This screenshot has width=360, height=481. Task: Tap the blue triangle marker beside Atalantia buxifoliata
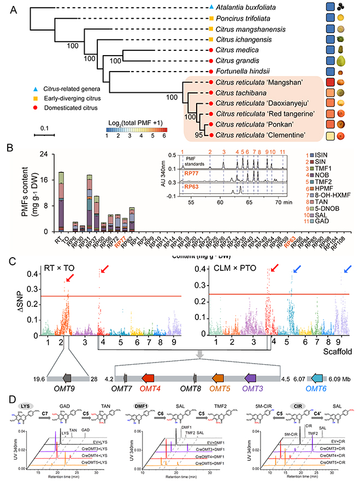tap(211, 8)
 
